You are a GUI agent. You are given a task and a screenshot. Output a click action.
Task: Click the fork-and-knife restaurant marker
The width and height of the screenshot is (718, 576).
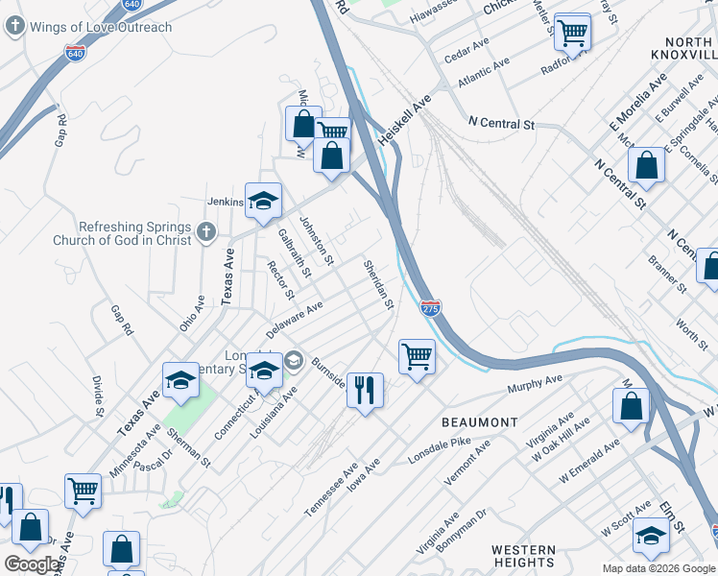coord(365,390)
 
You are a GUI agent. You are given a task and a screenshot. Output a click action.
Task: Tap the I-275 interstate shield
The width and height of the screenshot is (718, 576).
coord(430,307)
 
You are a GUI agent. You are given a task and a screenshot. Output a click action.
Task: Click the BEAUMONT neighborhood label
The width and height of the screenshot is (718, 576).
coord(479,422)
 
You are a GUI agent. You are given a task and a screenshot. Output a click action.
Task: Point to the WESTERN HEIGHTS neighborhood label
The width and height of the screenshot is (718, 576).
coord(523,556)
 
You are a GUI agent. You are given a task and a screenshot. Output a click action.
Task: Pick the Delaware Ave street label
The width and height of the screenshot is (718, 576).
coord(295,321)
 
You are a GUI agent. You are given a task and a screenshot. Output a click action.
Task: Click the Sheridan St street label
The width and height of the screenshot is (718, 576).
coord(378,284)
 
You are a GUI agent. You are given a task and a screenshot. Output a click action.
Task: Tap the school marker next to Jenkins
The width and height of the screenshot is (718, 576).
coord(263,201)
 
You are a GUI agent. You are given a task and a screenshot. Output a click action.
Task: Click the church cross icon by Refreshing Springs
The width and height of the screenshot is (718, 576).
coord(204,231)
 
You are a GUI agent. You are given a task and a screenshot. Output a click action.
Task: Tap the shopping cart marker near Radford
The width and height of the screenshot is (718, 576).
coord(572,32)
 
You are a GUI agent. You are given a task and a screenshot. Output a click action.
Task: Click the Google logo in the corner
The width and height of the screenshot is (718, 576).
coord(33,564)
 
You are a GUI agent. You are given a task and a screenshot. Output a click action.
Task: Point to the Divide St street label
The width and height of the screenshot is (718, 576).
coord(99,397)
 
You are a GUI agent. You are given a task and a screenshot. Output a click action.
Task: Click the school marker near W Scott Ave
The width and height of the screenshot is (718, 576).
coord(651,536)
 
